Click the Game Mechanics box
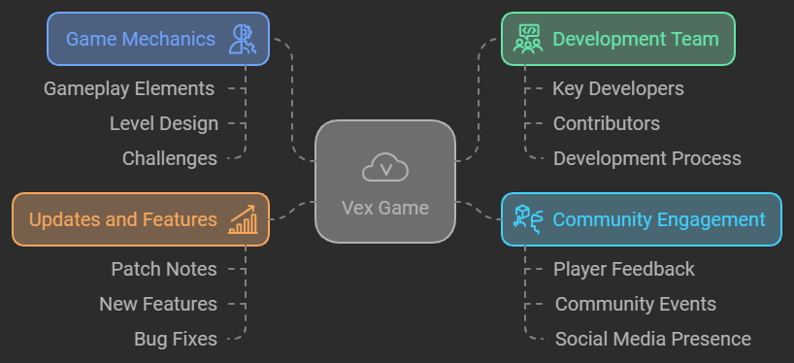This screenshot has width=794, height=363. click(157, 39)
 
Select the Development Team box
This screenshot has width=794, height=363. click(617, 39)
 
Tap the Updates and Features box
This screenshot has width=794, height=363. click(140, 219)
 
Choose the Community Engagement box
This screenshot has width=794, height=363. click(641, 219)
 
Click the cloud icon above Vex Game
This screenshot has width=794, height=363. click(385, 168)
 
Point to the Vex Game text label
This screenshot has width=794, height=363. click(385, 207)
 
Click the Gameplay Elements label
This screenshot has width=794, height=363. click(129, 88)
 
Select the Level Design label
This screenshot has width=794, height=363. click(164, 123)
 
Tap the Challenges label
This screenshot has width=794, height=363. click(170, 158)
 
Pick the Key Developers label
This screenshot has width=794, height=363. click(618, 88)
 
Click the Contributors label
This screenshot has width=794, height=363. click(607, 123)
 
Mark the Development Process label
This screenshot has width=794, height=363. click(647, 158)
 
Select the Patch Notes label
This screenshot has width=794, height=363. click(164, 269)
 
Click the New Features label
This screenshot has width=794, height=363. click(158, 304)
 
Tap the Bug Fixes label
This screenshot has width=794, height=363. click(176, 339)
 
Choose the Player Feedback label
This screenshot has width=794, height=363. click(624, 269)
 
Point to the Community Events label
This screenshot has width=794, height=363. click(636, 304)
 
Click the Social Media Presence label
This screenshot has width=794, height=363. click(653, 339)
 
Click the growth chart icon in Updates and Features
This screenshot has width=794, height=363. click(242, 219)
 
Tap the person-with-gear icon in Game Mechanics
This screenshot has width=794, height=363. click(241, 39)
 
